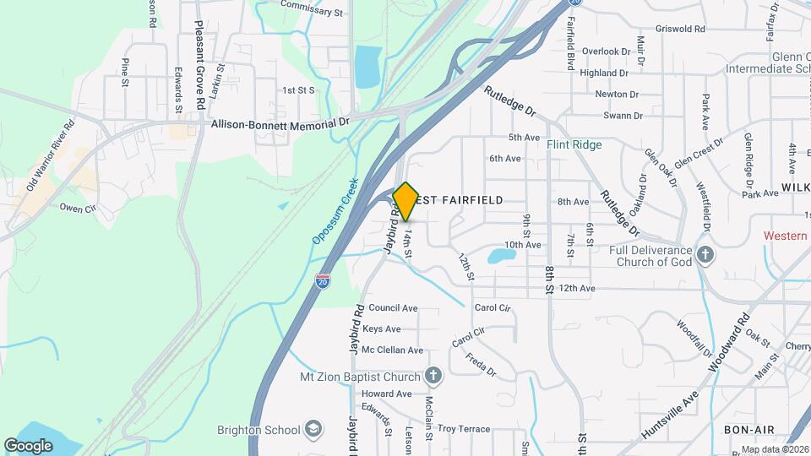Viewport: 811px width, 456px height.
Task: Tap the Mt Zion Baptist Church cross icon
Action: coord(433,375)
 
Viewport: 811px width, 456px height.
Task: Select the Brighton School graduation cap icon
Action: coord(314,429)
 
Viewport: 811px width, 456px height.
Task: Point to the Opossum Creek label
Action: coord(335,211)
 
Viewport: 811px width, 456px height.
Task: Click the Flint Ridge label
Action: coord(574,144)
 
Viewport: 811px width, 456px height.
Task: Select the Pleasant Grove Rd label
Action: coord(200,65)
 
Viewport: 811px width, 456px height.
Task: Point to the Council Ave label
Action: coord(393,308)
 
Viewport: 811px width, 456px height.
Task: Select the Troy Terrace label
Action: coord(463,429)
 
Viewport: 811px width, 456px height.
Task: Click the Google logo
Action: coord(28,445)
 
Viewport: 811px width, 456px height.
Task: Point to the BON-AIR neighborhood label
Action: coord(743,429)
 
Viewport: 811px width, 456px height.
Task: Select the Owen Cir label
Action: coord(79,206)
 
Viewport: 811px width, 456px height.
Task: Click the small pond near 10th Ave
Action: coord(502,255)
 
